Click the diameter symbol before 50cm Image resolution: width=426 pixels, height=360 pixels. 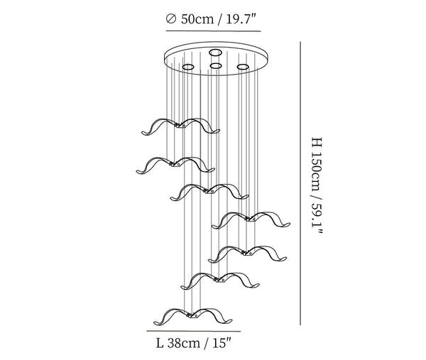tap(171, 19)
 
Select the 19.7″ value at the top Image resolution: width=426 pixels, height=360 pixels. tap(241, 19)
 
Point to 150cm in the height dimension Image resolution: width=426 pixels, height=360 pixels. tap(317, 170)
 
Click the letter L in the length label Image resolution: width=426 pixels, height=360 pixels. tap(160, 343)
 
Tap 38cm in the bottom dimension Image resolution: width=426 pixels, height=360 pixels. tap(183, 343)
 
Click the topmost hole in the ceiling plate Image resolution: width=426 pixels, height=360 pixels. tap(215, 53)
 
